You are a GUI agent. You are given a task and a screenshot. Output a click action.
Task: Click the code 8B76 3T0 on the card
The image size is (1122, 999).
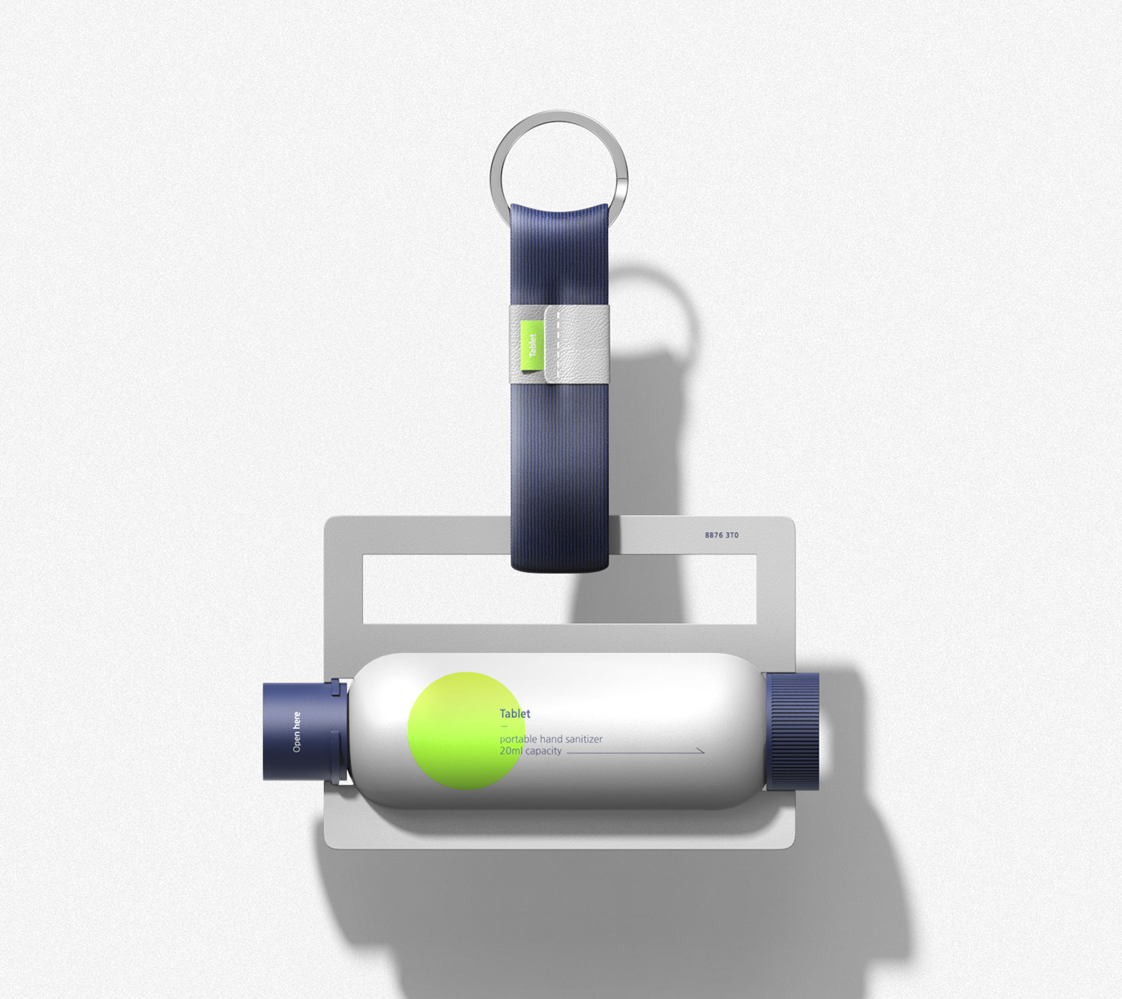(721, 535)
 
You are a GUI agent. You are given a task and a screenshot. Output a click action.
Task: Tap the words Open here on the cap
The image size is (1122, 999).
(297, 731)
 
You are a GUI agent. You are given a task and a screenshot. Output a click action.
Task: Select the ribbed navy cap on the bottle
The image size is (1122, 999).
(793, 731)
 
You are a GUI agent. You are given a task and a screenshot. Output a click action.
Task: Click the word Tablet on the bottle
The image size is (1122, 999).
(515, 713)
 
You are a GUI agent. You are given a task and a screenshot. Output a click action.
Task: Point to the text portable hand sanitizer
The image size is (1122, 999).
(551, 739)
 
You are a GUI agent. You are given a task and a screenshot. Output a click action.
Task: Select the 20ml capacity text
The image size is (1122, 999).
(531, 751)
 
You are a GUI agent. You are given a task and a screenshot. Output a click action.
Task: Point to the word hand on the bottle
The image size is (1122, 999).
(545, 739)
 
